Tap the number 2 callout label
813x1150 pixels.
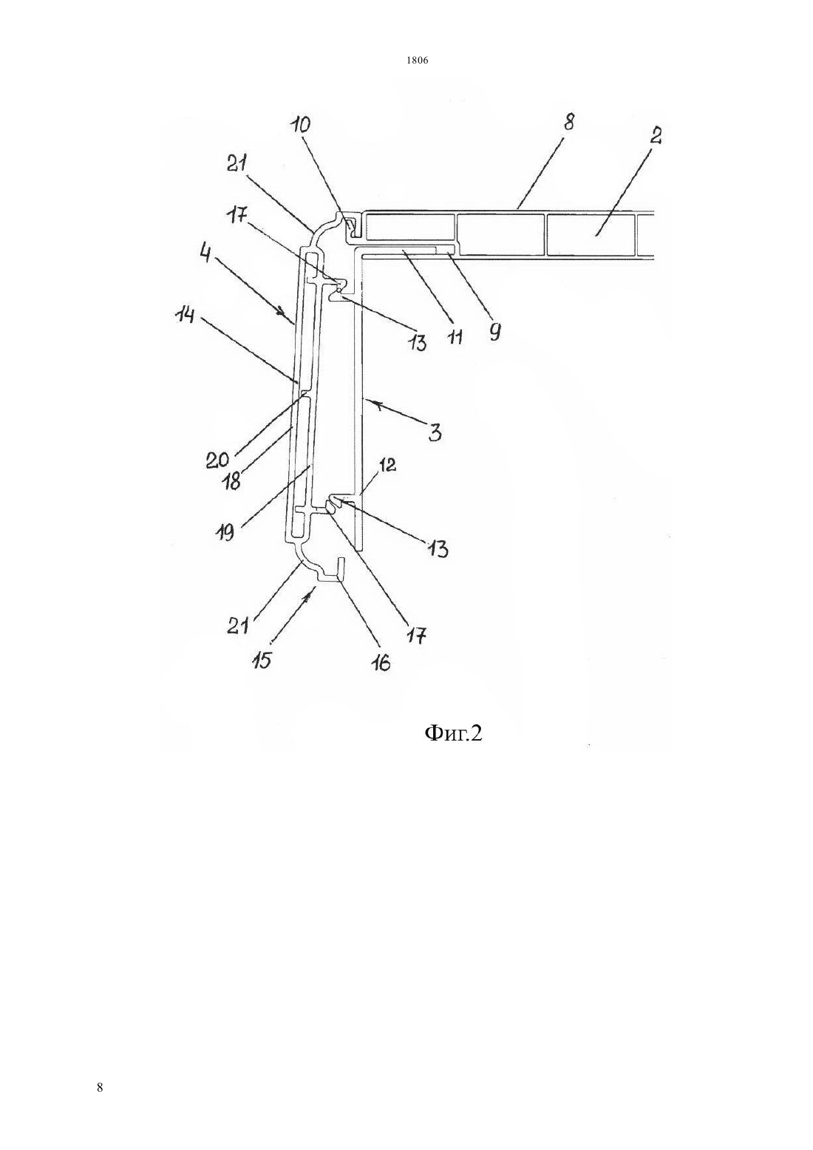point(655,136)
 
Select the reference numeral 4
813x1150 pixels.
point(205,254)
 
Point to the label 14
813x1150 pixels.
point(184,315)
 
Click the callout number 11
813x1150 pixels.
point(455,337)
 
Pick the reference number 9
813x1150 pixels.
point(494,332)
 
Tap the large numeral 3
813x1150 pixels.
point(435,432)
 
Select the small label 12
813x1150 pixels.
point(387,465)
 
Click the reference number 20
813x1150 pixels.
point(217,460)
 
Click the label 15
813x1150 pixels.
point(262,660)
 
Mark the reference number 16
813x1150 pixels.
point(381,661)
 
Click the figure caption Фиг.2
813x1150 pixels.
point(453,733)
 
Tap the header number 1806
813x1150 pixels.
point(418,61)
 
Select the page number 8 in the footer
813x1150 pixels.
point(100,1087)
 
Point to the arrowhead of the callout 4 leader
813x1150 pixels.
point(282,310)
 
